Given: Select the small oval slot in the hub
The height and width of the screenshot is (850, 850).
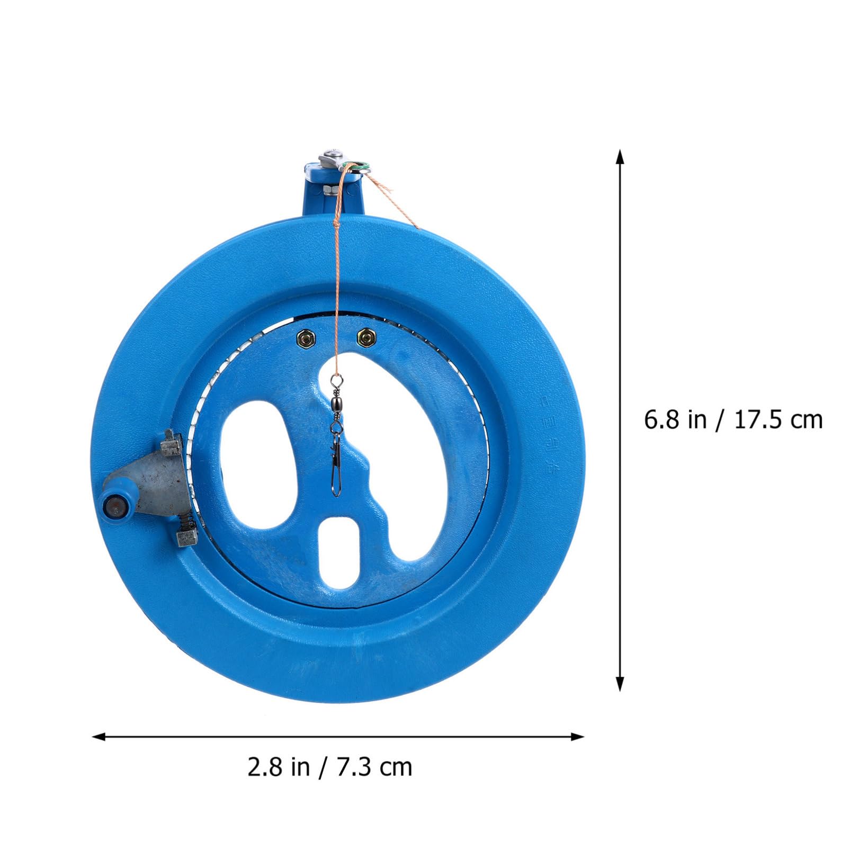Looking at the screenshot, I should [x=339, y=551].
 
